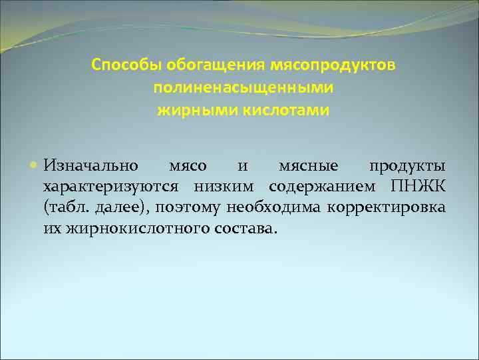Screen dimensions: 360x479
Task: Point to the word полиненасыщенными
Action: point(243,88)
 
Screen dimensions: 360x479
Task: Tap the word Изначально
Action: point(91,165)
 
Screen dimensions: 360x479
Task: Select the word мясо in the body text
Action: point(188,165)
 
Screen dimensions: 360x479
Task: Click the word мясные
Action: point(308,165)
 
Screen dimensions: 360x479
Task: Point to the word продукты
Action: point(407,165)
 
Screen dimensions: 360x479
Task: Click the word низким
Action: point(216,186)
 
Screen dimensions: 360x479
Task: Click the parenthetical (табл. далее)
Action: point(99,207)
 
